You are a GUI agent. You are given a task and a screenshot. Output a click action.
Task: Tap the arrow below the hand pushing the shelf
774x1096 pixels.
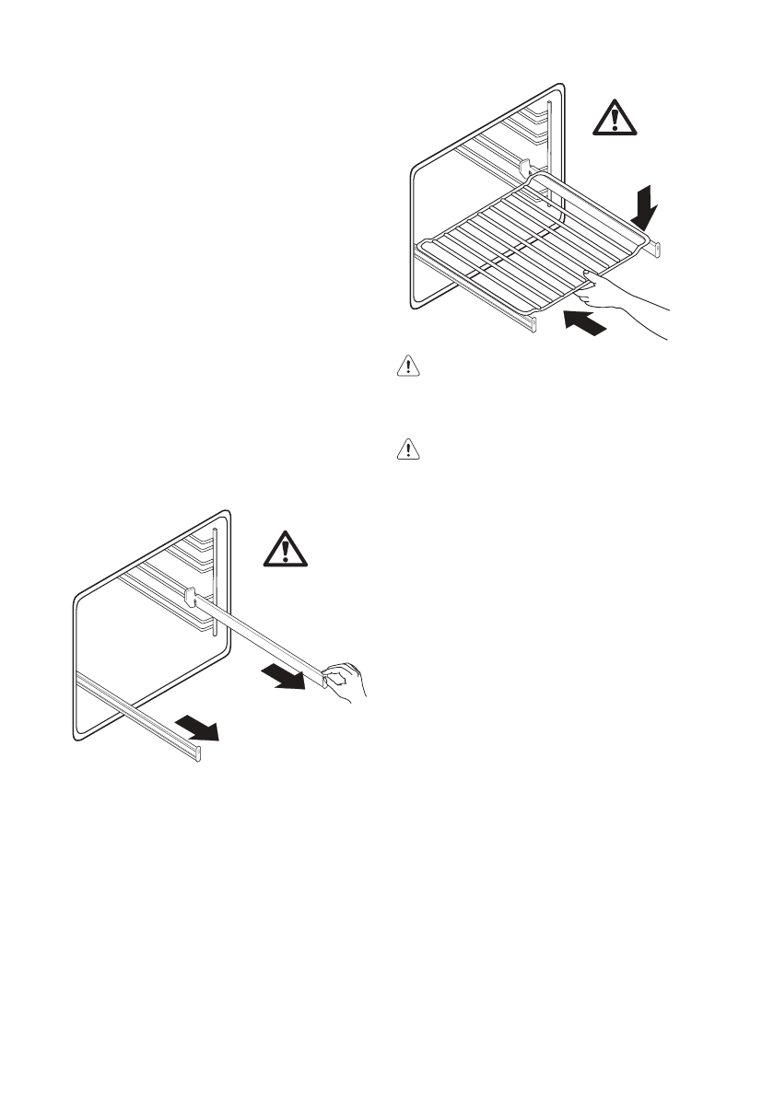click(587, 322)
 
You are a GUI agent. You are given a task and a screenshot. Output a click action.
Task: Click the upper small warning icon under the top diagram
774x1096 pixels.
click(406, 367)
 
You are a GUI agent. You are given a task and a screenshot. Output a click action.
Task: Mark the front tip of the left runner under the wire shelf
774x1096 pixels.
click(532, 324)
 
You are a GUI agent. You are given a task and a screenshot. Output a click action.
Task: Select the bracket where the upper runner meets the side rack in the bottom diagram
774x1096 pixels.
click(190, 596)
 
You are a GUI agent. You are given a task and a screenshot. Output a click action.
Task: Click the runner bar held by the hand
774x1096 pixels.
click(258, 635)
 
